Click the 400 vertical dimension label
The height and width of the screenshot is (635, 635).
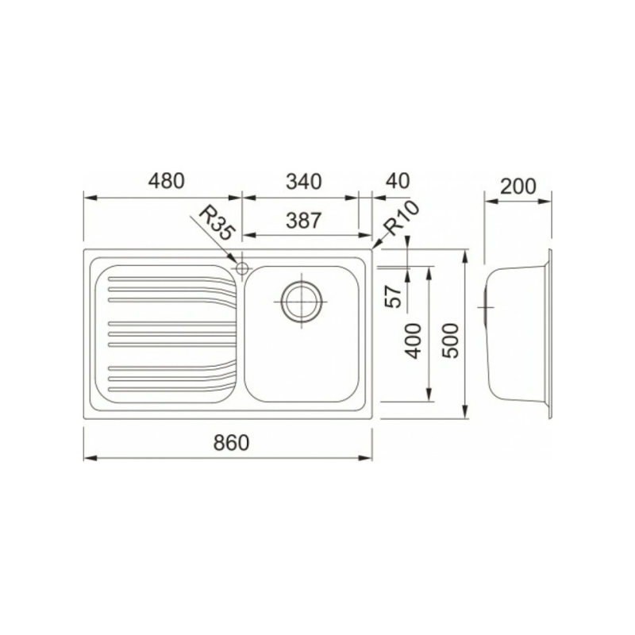414,341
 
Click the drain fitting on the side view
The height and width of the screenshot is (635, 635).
483,306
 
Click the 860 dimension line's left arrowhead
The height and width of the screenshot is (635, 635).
89,458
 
